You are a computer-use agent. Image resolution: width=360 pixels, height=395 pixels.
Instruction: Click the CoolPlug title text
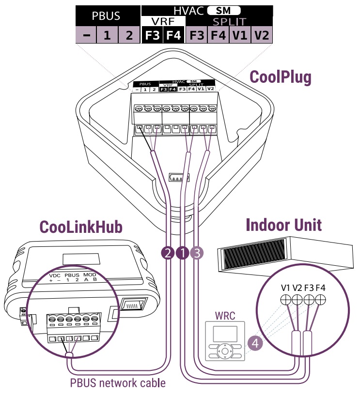click(280, 77)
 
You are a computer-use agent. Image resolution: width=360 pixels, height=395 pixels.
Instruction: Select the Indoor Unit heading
click(283, 225)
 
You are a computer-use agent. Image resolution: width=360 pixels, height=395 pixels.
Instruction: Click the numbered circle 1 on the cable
click(183, 252)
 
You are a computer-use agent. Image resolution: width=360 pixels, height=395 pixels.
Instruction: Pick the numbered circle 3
click(197, 252)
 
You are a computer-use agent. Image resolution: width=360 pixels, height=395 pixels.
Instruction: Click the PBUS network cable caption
click(118, 383)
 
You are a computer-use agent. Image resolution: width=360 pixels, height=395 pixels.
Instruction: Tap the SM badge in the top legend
click(223, 10)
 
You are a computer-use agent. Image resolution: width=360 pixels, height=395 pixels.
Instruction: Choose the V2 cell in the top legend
click(262, 35)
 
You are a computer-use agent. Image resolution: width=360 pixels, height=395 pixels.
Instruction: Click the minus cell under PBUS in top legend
click(85, 35)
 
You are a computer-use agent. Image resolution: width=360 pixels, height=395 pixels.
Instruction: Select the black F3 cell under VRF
click(152, 35)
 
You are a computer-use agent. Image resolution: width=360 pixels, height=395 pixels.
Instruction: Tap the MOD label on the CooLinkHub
click(90, 275)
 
